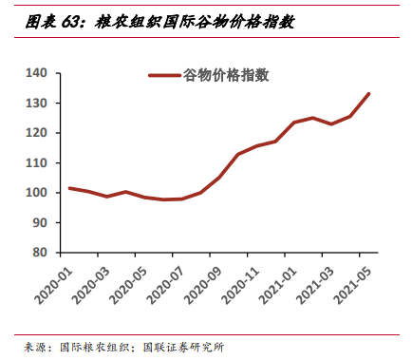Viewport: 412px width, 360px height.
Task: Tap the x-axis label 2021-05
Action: click(x=365, y=285)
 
